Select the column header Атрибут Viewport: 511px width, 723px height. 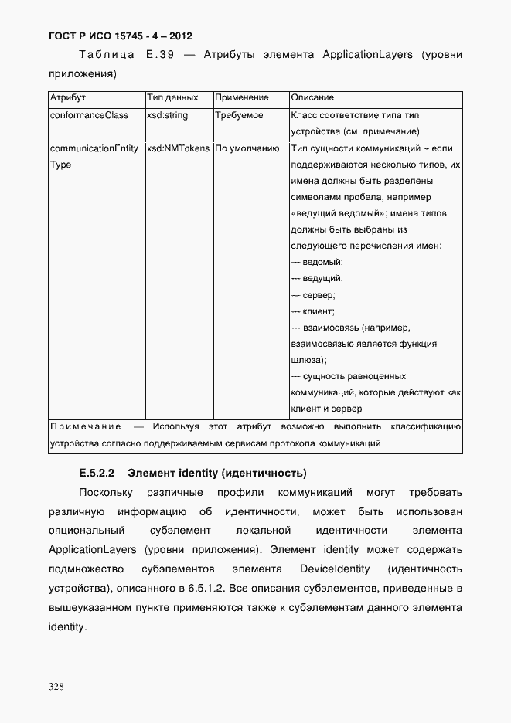click(x=67, y=98)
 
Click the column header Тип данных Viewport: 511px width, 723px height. click(x=172, y=98)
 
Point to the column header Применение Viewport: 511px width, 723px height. click(x=242, y=98)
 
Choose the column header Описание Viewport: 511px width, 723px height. click(x=312, y=98)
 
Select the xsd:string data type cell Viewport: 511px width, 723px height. click(x=167, y=115)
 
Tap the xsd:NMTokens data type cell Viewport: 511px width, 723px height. click(x=178, y=148)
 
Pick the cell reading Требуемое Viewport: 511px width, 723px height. click(x=239, y=115)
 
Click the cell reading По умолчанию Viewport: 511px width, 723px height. click(x=247, y=148)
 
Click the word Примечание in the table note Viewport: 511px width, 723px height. click(x=85, y=426)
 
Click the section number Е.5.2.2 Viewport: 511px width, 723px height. click(x=96, y=472)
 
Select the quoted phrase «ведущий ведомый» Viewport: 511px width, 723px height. click(x=338, y=213)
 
